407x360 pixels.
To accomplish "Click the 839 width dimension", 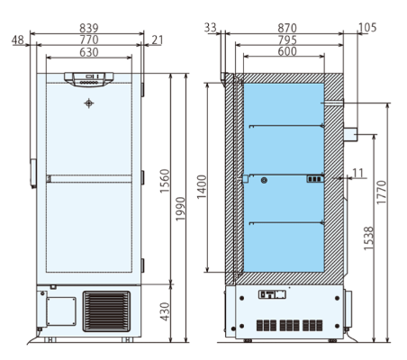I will (88, 29).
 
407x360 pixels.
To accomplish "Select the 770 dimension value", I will (88, 40).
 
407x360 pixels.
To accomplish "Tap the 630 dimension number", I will (88, 52).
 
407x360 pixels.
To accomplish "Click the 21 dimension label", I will (158, 40).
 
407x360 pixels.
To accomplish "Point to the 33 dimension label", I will (212, 29).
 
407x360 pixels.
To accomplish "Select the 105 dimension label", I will (366, 29).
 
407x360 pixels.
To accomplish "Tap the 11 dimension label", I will (358, 171).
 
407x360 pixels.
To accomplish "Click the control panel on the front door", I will (88, 78).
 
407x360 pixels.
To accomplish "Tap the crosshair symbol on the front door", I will (88, 103).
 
